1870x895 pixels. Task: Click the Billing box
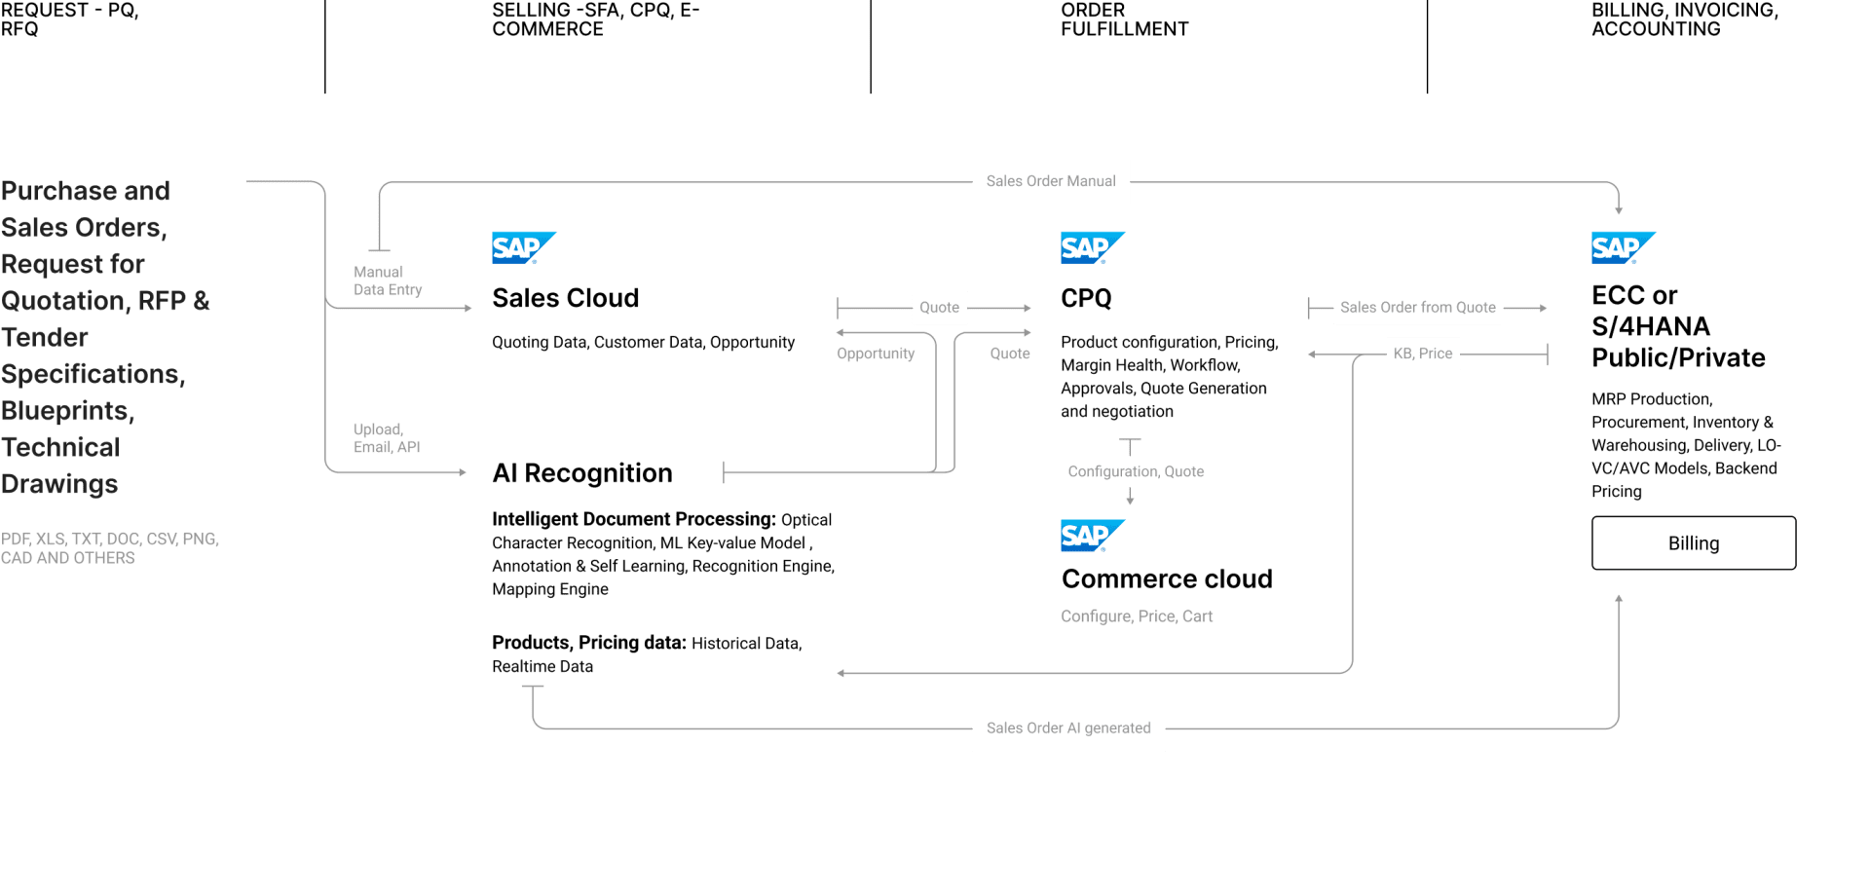tap(1694, 542)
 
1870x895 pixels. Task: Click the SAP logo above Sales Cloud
tap(524, 247)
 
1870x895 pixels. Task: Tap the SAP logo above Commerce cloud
tap(1093, 536)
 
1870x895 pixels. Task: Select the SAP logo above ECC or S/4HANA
tap(1624, 247)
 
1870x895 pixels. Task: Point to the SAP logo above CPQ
tap(1093, 247)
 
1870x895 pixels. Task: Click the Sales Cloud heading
tap(565, 298)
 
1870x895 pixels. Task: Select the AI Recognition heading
tap(582, 473)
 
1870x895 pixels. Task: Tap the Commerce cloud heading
tap(1167, 578)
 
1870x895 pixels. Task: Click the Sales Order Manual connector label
tap(1051, 181)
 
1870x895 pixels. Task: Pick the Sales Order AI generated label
tap(1068, 728)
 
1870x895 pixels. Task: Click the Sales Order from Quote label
tap(1418, 308)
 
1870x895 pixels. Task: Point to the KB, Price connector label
tap(1423, 354)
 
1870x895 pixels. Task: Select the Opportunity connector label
tap(876, 354)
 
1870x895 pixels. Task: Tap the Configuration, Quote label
tap(1136, 471)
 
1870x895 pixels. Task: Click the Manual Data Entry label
tap(388, 280)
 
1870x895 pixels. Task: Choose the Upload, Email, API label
tap(387, 438)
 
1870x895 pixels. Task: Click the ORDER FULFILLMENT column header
tap(1125, 19)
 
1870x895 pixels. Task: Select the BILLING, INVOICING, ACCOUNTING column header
tap(1685, 19)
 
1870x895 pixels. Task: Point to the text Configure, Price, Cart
tap(1137, 616)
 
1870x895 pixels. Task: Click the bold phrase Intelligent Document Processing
tap(634, 519)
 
